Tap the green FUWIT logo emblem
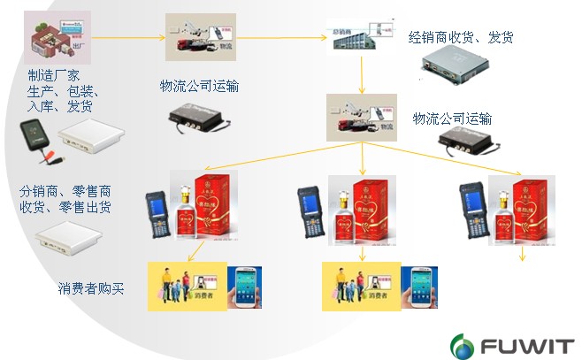463,342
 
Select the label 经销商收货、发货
461,37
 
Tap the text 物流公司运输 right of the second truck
453,119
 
